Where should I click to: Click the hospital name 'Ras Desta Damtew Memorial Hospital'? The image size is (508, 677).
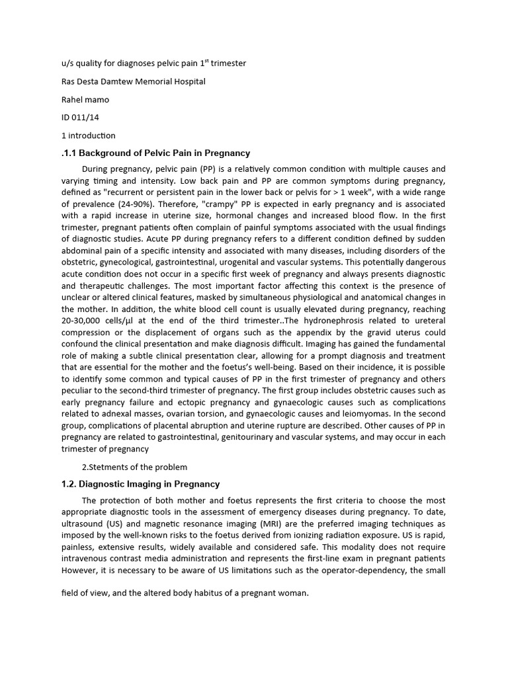(x=133, y=81)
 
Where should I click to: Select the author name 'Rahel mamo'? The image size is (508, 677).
(x=84, y=99)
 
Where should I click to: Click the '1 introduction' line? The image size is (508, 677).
(x=88, y=136)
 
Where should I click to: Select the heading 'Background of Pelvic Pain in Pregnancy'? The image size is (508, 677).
(x=165, y=153)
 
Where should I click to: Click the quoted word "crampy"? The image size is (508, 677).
(x=212, y=204)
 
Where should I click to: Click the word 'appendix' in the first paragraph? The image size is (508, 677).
(x=303, y=332)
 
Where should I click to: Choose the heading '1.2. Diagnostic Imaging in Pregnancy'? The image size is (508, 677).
(x=140, y=484)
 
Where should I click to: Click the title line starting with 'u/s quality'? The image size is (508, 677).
(x=153, y=63)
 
